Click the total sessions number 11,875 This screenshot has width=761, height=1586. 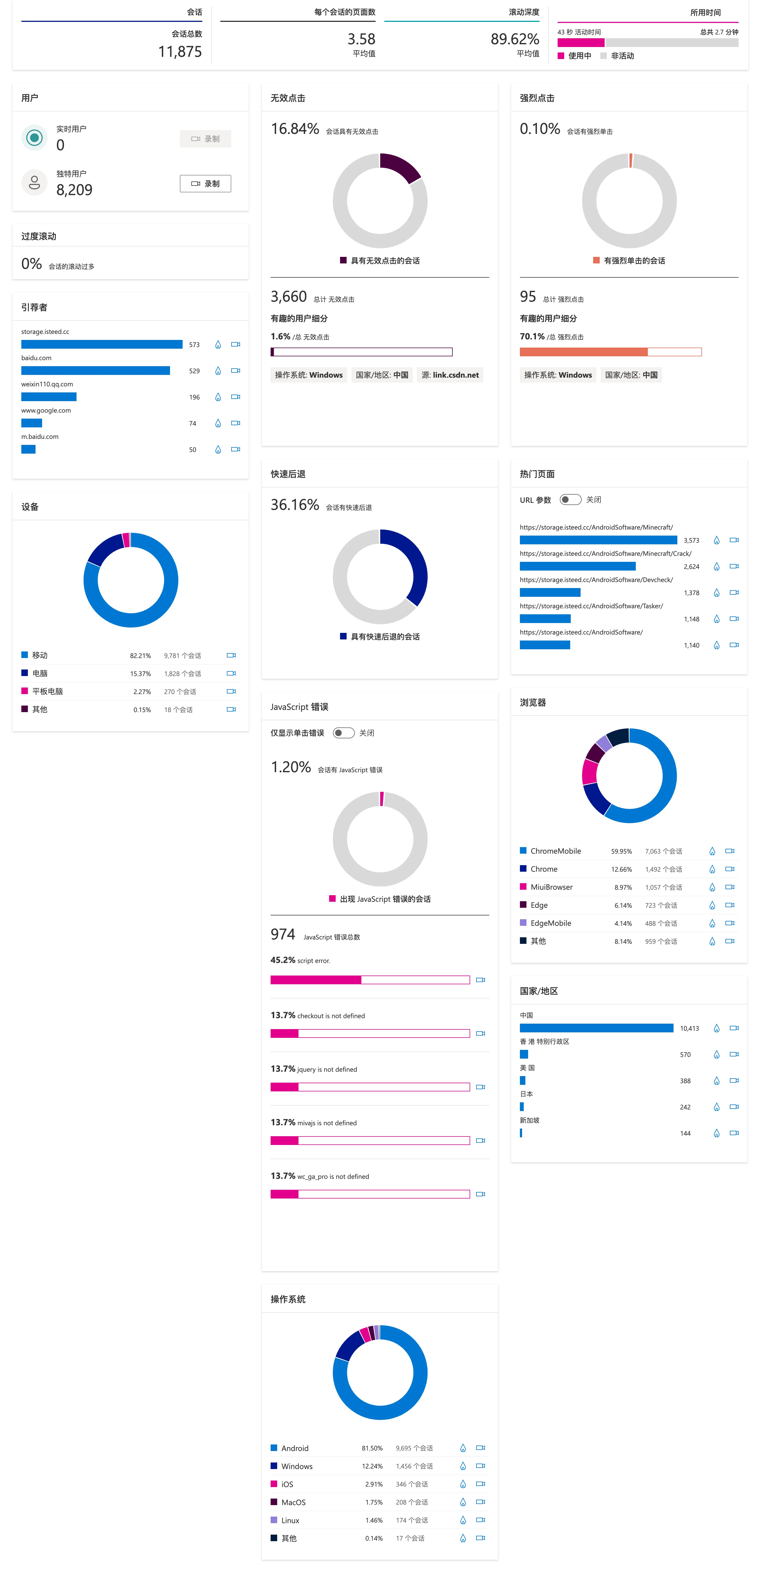tap(180, 52)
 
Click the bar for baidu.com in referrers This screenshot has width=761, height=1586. tap(95, 371)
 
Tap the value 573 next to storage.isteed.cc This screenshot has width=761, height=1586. tap(195, 345)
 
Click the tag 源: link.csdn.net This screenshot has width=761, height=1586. tap(450, 375)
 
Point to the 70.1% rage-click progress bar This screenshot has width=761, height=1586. tap(610, 352)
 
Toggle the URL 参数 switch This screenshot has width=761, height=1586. tap(570, 499)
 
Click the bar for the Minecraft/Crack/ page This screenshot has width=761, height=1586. tap(578, 566)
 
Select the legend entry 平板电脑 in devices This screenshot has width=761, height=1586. tap(47, 691)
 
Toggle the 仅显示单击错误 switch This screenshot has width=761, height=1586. tap(344, 733)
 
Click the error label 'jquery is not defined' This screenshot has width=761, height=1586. tap(327, 1070)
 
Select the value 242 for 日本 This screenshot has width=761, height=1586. tap(685, 1107)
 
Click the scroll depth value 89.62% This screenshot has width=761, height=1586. tap(515, 39)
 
